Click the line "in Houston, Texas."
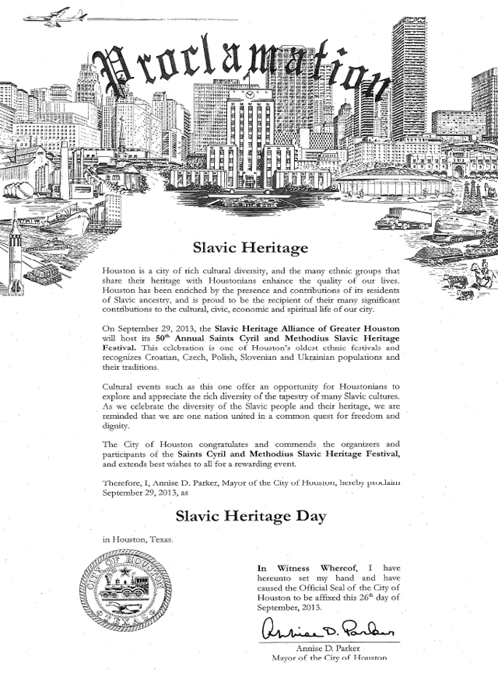click(139, 539)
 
